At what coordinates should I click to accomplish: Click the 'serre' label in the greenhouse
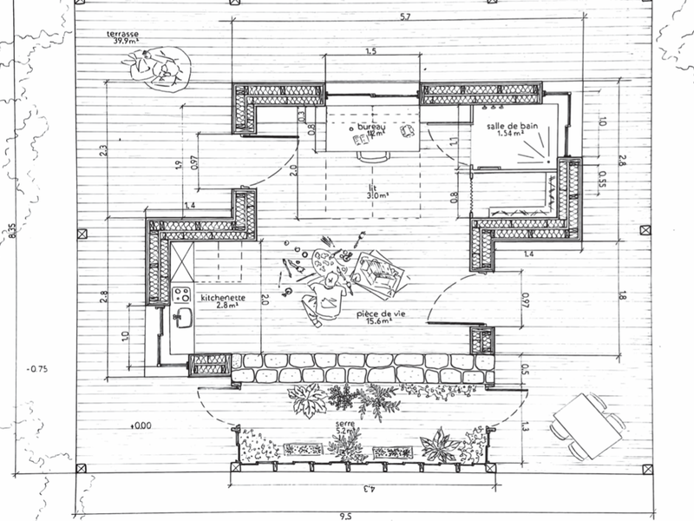click(345, 425)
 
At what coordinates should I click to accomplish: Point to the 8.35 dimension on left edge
click(11, 234)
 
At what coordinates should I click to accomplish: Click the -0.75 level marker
click(36, 368)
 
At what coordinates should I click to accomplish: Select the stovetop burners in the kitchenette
click(183, 293)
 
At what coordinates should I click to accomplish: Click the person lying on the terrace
click(159, 67)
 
